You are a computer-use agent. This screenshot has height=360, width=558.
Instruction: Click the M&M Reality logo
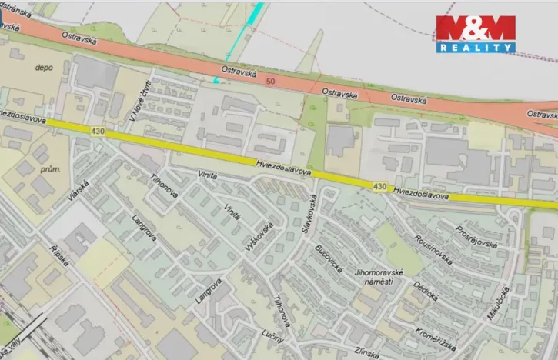[x=476, y=34]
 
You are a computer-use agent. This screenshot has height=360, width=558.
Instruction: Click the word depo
[x=43, y=68]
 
